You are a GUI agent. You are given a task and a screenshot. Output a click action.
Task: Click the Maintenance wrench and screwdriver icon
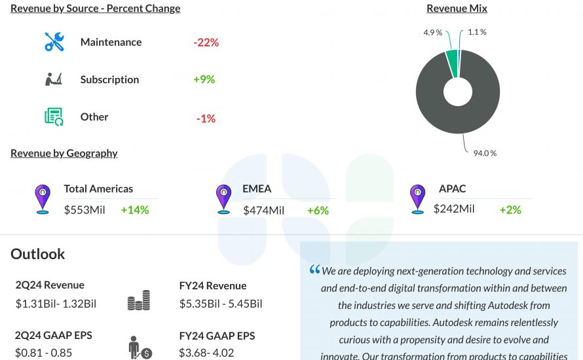tap(54, 42)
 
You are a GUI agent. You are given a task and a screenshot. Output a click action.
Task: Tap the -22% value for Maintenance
tap(206, 43)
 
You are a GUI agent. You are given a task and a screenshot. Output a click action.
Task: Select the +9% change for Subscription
tap(204, 80)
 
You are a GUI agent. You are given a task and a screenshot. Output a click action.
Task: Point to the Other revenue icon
tap(54, 117)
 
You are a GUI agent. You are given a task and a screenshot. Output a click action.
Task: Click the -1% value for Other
tap(206, 118)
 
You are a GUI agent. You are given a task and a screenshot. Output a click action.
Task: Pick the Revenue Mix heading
tap(457, 9)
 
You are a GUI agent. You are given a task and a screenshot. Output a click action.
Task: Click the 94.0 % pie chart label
tap(485, 153)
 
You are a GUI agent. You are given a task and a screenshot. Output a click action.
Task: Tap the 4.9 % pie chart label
tap(432, 32)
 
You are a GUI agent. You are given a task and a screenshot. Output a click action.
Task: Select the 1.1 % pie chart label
tap(477, 32)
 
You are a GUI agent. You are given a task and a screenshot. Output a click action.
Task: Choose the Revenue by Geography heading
tap(64, 153)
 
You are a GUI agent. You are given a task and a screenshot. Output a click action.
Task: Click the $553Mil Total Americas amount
tap(85, 210)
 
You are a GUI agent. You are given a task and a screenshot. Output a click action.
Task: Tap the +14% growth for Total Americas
tap(135, 210)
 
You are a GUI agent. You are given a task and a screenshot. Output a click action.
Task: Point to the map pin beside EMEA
tap(223, 197)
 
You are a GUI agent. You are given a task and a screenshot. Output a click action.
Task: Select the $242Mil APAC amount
tap(454, 209)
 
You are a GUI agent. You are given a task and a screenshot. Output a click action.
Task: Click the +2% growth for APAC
tap(510, 210)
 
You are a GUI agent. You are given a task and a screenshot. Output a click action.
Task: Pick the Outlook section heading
tap(38, 254)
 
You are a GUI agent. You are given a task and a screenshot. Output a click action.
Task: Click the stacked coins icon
tap(138, 301)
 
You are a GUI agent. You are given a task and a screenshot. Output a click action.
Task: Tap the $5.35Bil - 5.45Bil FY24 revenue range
tap(221, 304)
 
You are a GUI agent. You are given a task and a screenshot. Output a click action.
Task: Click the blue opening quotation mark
tap(314, 270)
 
